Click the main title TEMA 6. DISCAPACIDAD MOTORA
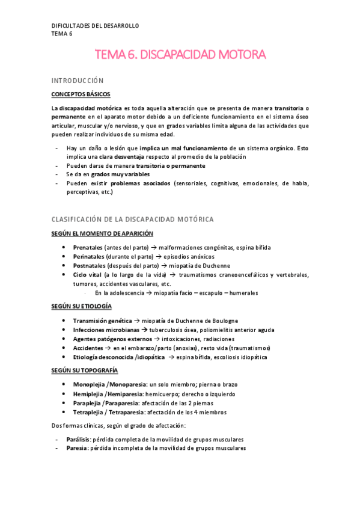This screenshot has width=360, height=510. [x=180, y=55]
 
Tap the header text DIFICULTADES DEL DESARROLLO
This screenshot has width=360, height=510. [x=95, y=26]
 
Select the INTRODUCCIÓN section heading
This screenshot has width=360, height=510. [x=78, y=80]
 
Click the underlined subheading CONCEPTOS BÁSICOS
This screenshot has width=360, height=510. [x=81, y=94]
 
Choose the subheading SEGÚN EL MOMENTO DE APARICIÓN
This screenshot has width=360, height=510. [x=102, y=233]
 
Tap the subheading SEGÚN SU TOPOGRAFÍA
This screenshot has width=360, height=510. [x=84, y=369]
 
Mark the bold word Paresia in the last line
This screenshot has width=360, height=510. [x=76, y=449]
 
